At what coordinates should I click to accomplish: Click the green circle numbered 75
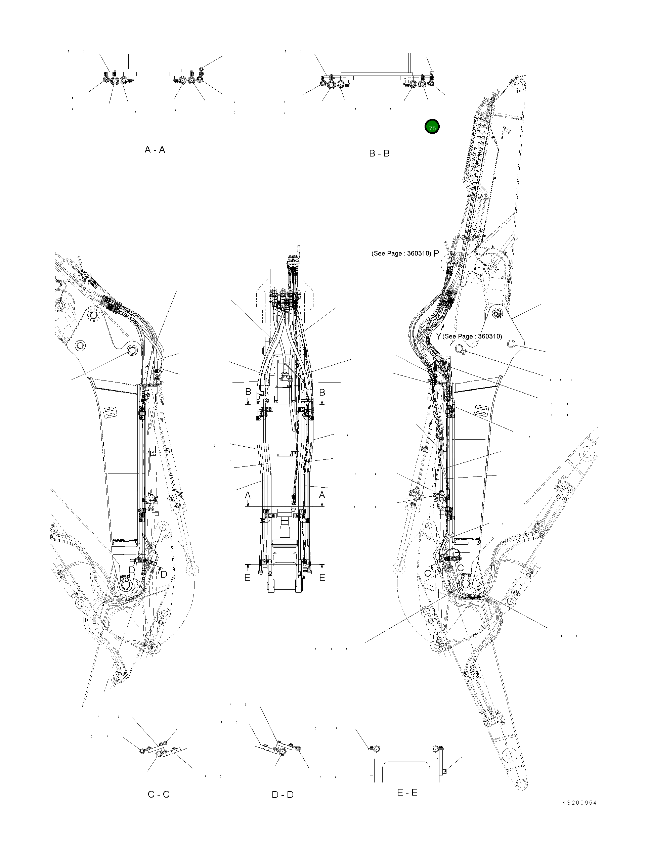point(432,127)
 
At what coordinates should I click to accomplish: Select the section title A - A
point(155,149)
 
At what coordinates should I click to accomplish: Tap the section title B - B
point(379,153)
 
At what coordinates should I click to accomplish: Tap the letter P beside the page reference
point(436,253)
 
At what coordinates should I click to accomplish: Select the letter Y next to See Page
point(438,336)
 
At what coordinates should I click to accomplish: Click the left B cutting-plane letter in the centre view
point(248,392)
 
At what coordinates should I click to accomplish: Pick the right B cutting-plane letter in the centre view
point(322,392)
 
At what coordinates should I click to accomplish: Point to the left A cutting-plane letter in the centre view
point(248,495)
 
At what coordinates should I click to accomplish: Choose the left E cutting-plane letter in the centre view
point(247,578)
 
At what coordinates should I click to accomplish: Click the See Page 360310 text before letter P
point(401,254)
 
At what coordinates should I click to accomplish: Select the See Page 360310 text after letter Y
point(472,336)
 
